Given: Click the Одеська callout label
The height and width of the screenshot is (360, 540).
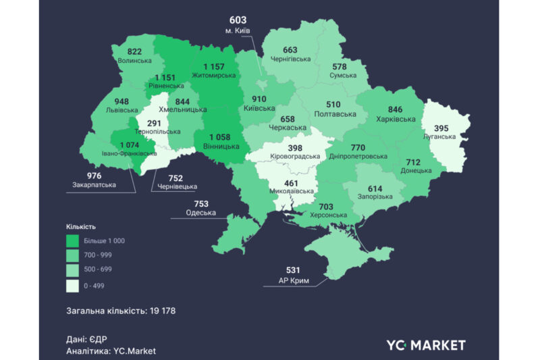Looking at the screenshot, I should coord(201,213).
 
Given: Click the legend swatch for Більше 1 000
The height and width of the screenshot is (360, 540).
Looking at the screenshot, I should coord(72,240).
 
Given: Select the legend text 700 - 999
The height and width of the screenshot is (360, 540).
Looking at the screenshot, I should coord(99,255).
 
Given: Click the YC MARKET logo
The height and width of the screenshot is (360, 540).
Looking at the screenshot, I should coord(425,345).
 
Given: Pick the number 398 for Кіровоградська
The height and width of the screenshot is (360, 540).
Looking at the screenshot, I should coord(294,147).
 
